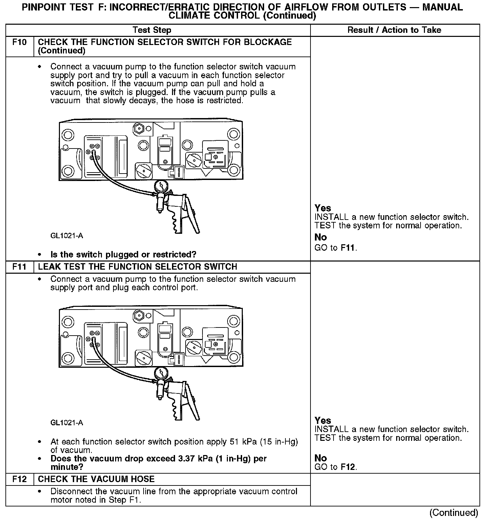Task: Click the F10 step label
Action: click(19, 42)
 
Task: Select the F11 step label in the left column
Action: click(19, 267)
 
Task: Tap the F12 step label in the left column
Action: click(19, 479)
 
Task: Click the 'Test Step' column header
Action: click(152, 30)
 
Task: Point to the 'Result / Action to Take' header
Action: click(394, 30)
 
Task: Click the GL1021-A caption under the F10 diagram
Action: click(67, 236)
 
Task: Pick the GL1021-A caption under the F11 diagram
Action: click(67, 423)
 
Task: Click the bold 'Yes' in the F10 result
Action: click(323, 208)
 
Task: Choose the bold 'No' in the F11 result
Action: click(321, 458)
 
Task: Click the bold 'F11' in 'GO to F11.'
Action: click(348, 248)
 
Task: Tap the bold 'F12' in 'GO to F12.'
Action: click(348, 467)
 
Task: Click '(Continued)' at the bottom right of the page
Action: click(454, 513)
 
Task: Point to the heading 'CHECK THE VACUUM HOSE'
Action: click(96, 479)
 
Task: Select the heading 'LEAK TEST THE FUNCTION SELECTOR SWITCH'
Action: click(137, 267)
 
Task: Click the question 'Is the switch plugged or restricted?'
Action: click(123, 254)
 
